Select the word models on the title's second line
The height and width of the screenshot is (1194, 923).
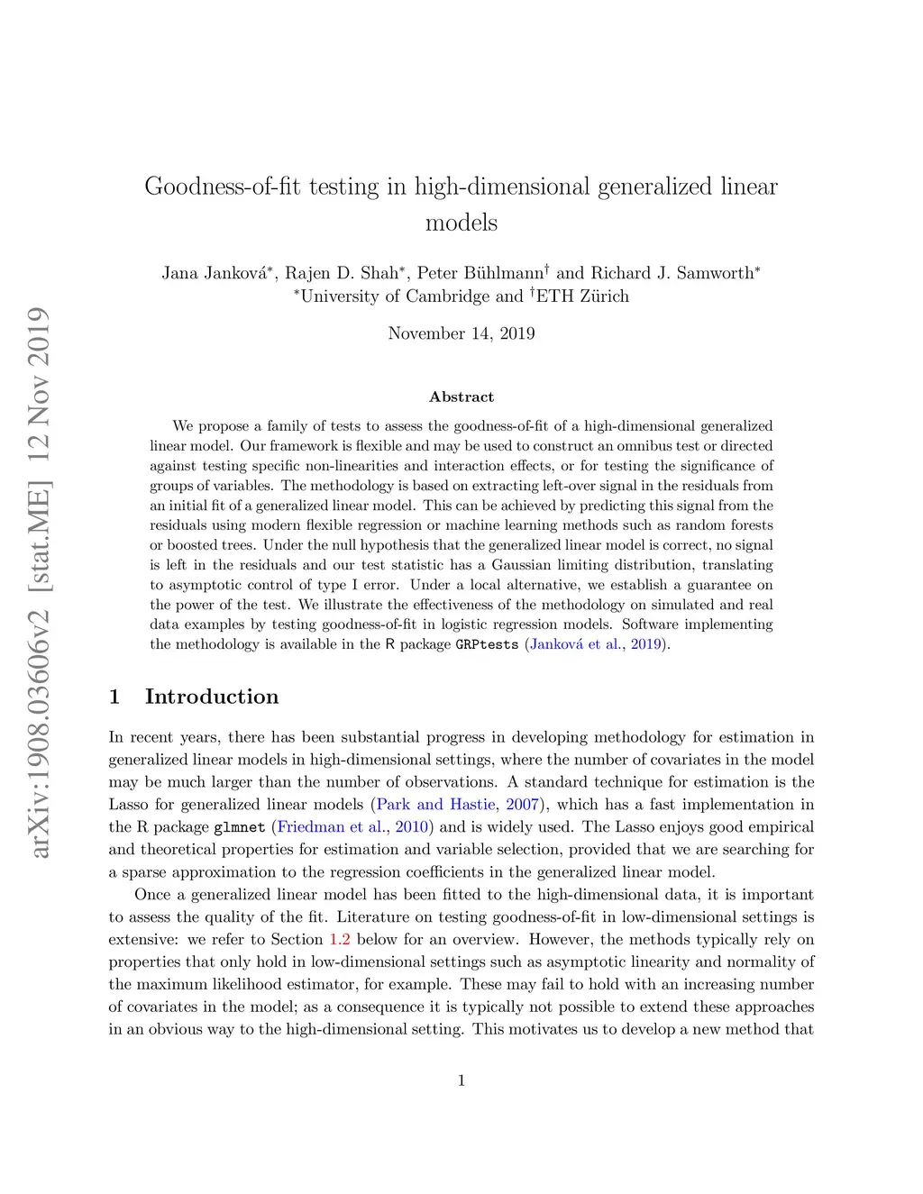point(461,223)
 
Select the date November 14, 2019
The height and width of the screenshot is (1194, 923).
point(461,333)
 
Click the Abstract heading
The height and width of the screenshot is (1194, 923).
point(461,396)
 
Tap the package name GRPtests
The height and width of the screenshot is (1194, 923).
point(487,644)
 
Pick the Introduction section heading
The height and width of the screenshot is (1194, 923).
point(211,697)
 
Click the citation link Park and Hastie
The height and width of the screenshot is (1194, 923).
point(435,805)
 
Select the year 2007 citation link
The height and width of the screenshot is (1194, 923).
point(522,805)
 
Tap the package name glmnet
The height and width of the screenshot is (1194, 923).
point(239,827)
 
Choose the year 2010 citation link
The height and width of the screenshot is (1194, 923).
point(411,827)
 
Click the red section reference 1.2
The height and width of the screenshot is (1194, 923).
point(339,940)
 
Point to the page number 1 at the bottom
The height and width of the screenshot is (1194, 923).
point(461,1080)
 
